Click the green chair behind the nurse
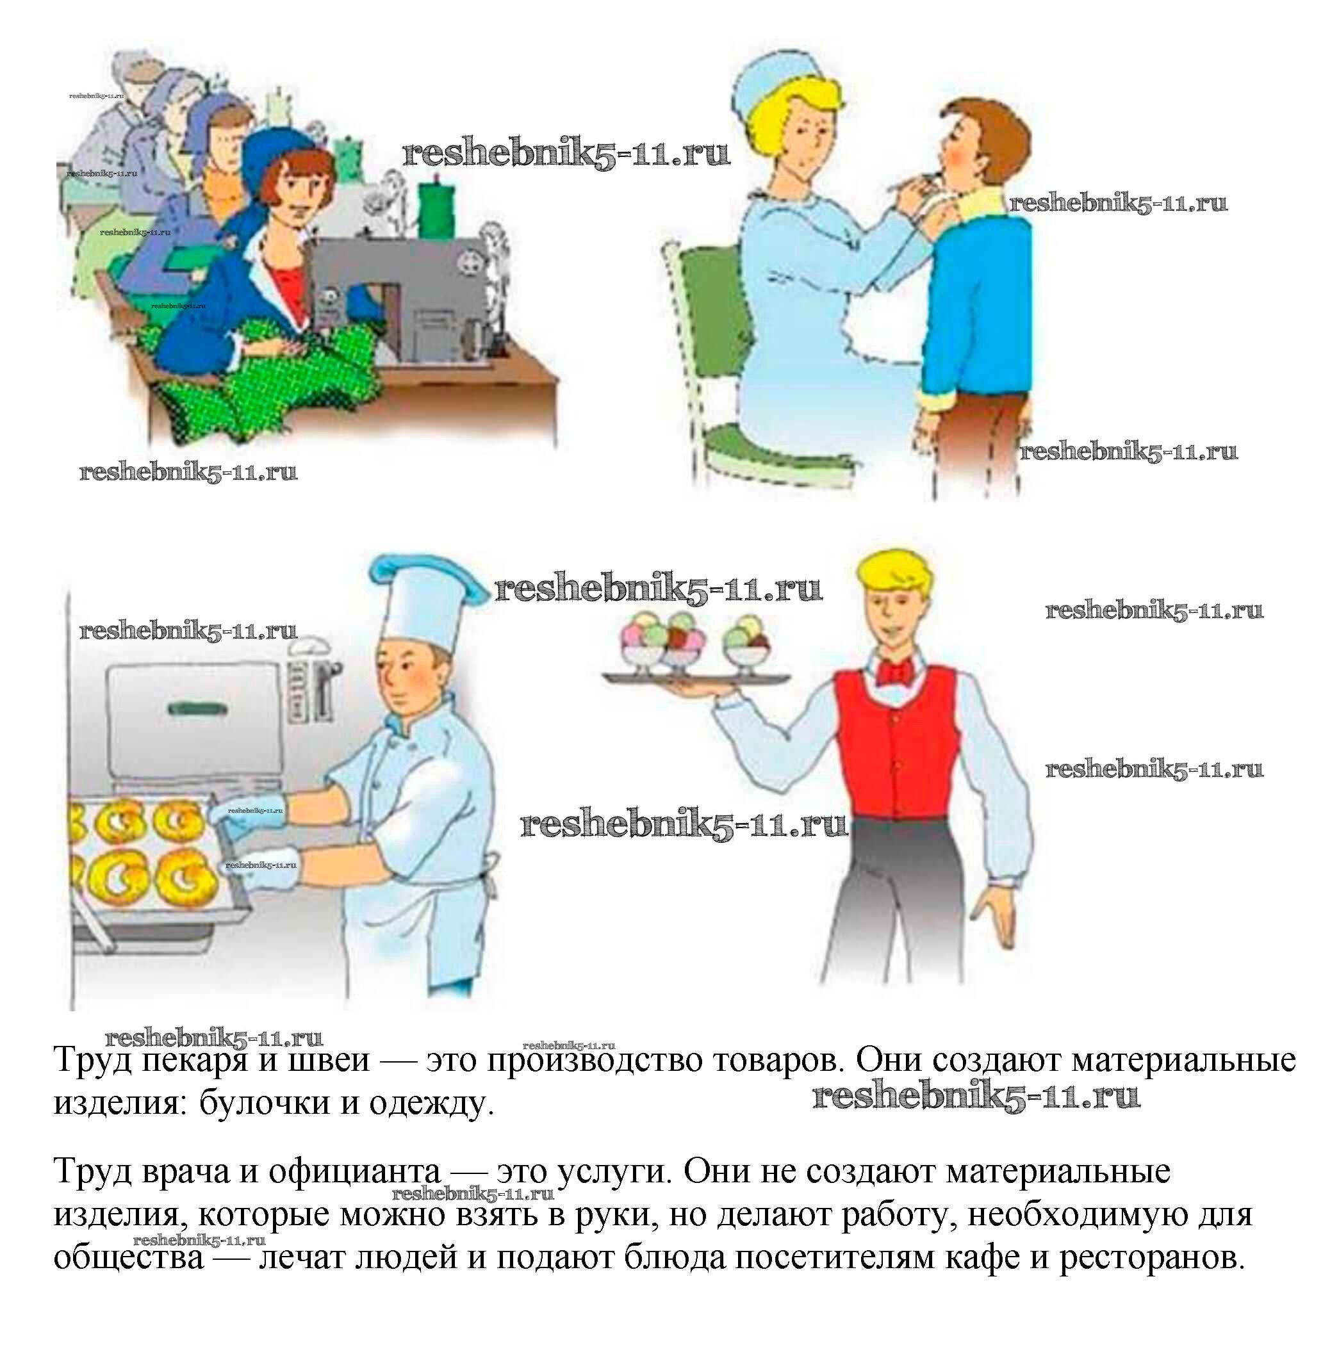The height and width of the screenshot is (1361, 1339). pyautogui.click(x=732, y=366)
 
